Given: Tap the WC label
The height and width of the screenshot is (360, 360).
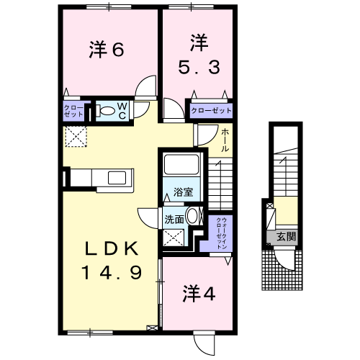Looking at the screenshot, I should click(122, 111).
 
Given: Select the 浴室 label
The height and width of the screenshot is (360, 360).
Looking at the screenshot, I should click(183, 192).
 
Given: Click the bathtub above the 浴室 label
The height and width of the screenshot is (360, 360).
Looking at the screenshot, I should click(183, 166).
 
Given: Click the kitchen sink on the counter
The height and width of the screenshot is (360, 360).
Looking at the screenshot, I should click(115, 178).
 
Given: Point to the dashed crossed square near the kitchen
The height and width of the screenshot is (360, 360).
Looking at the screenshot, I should click(75, 136).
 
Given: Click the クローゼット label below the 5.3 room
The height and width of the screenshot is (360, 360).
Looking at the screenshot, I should click(212, 111).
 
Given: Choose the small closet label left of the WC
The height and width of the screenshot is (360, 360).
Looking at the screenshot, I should click(73, 112).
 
